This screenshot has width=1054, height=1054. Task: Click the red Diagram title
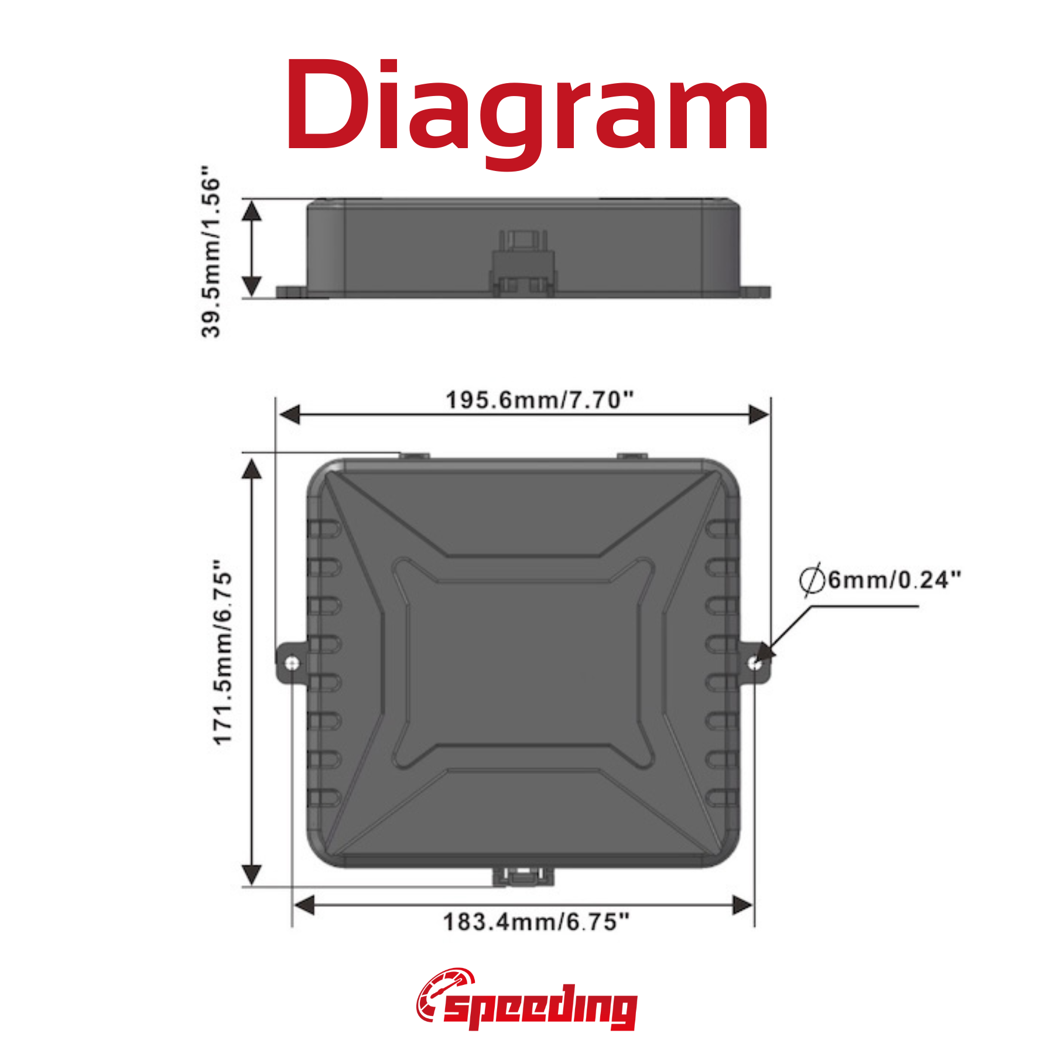tap(527, 108)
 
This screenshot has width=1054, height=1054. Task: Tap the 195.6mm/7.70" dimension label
tap(539, 401)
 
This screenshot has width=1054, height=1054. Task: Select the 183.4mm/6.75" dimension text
tap(536, 922)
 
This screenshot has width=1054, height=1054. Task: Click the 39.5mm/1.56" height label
tap(210, 251)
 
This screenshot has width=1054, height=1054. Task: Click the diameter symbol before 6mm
tap(812, 580)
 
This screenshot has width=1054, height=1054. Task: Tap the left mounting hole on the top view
tap(293, 663)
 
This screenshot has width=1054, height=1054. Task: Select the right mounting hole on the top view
tap(755, 663)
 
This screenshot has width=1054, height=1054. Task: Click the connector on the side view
tap(522, 263)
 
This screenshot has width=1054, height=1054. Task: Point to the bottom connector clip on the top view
tap(523, 877)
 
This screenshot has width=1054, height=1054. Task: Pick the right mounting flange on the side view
tap(755, 292)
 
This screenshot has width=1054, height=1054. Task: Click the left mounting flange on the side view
tap(291, 292)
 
